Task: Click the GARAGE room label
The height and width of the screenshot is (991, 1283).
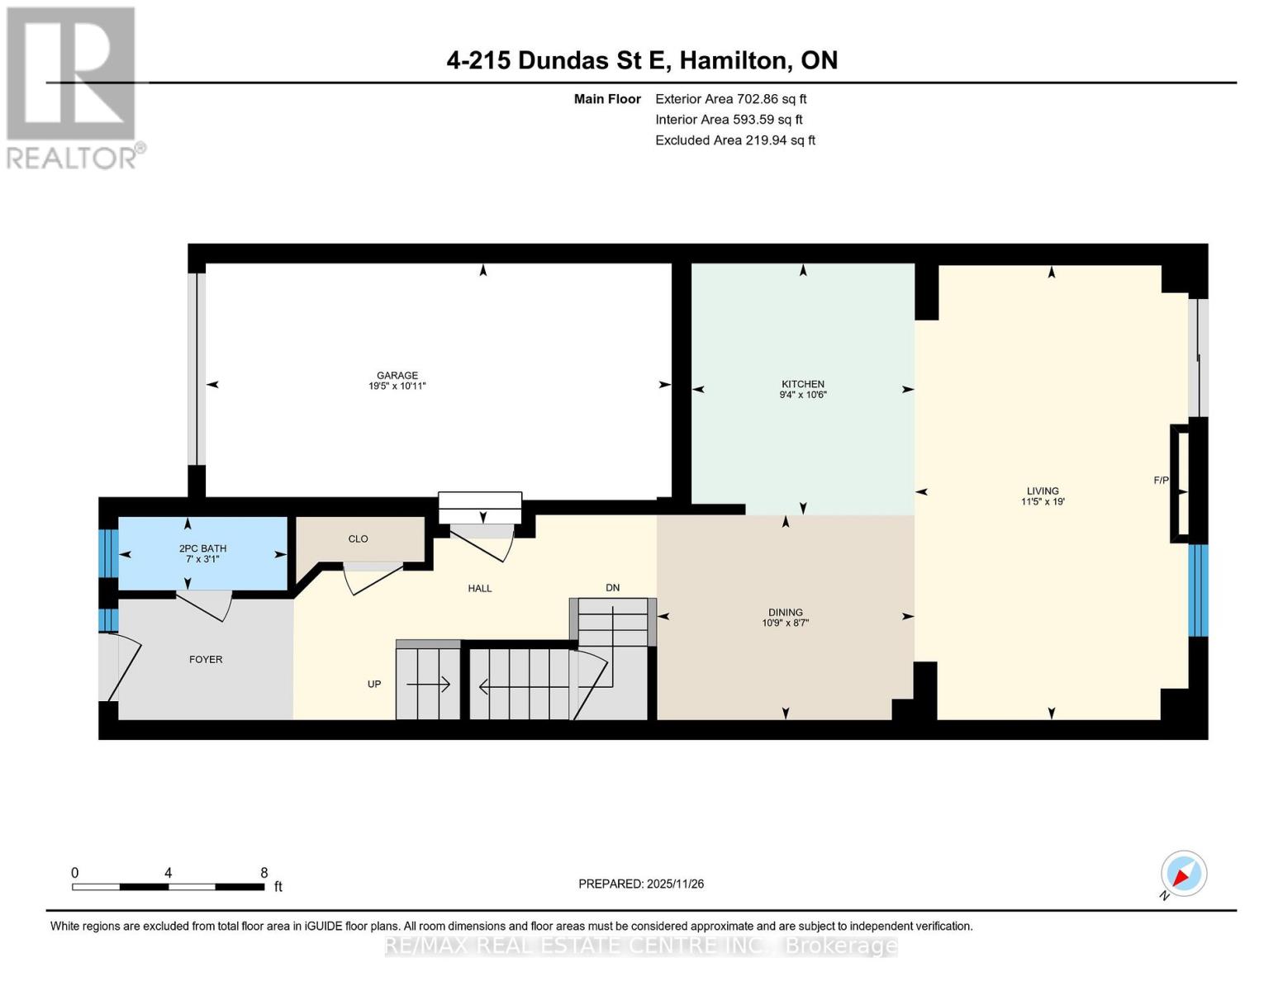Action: pyautogui.click(x=397, y=375)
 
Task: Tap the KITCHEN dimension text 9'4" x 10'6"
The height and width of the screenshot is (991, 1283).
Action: pyautogui.click(x=803, y=395)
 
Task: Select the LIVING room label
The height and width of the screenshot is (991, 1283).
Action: pyautogui.click(x=1043, y=491)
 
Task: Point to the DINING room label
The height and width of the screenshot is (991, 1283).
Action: pyautogui.click(x=785, y=612)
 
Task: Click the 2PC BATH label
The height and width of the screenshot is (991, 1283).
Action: pyautogui.click(x=202, y=548)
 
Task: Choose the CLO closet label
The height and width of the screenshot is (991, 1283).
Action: pyautogui.click(x=358, y=538)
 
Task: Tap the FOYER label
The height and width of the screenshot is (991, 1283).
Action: pyautogui.click(x=206, y=659)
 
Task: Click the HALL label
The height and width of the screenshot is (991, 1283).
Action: pyautogui.click(x=479, y=588)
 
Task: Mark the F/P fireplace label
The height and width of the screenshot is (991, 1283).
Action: pyautogui.click(x=1161, y=480)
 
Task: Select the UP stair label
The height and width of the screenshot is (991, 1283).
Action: pyautogui.click(x=374, y=684)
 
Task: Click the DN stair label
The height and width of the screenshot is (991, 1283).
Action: pyautogui.click(x=612, y=588)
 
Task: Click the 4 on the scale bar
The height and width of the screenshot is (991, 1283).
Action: pyautogui.click(x=168, y=873)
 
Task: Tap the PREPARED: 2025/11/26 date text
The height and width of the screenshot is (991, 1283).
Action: pyautogui.click(x=641, y=884)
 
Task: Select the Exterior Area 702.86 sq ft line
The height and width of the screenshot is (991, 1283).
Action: pyautogui.click(x=730, y=98)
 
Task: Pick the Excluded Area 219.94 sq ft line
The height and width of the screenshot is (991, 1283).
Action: pyautogui.click(x=734, y=140)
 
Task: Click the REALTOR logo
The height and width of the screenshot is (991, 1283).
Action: pyautogui.click(x=73, y=87)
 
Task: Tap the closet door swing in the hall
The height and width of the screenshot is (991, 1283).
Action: pyautogui.click(x=372, y=578)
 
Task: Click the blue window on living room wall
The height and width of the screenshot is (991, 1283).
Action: pyautogui.click(x=1197, y=590)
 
